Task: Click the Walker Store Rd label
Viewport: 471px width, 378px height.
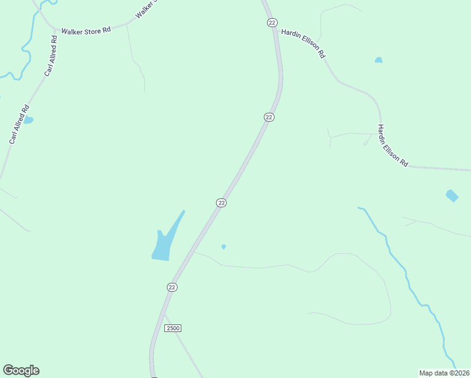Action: coord(86,29)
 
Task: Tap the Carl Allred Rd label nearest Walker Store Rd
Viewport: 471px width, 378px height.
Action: coord(51,55)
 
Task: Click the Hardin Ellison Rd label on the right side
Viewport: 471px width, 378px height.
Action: coord(392,146)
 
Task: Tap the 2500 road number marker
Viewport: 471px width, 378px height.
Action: coord(173,329)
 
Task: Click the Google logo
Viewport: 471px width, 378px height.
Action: coord(21,370)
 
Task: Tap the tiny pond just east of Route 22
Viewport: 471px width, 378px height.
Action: coord(224,246)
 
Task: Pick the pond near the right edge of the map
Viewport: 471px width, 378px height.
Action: coord(452,195)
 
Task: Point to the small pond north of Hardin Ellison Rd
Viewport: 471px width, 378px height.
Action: coord(378,60)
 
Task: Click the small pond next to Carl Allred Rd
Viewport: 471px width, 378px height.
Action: coord(28,120)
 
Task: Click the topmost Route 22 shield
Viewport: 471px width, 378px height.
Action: coord(271,23)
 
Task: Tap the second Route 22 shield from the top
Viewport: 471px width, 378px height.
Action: coord(269,117)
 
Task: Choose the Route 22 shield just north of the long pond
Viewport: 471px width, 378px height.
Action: coord(221,202)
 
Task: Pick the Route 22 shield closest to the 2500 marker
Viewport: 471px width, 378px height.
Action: coord(172,287)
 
